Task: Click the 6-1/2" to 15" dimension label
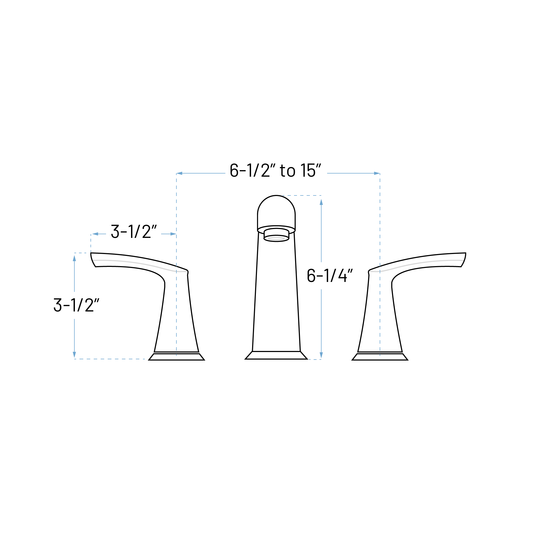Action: point(275,171)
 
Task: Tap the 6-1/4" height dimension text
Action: point(330,275)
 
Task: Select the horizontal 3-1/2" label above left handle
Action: point(134,231)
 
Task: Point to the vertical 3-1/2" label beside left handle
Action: point(76,305)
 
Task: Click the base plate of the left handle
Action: point(177,357)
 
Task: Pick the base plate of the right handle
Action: point(380,357)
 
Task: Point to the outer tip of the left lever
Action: point(91,253)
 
